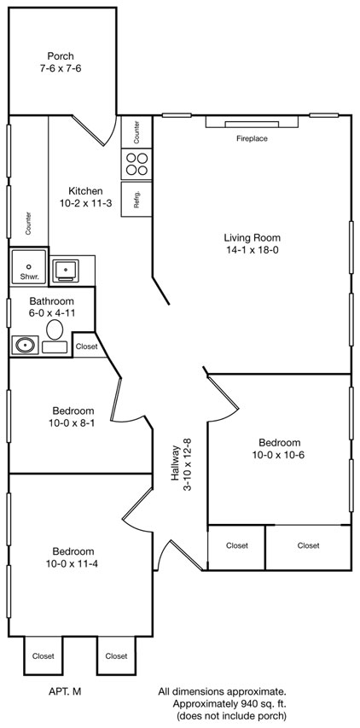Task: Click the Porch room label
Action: tap(61, 56)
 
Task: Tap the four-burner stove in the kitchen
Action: tap(136, 165)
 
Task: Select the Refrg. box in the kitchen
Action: tap(136, 199)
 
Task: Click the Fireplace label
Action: tap(252, 138)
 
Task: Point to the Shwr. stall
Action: tap(29, 266)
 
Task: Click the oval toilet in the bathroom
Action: tap(55, 329)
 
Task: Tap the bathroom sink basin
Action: tap(24, 346)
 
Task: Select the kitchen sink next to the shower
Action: tap(66, 271)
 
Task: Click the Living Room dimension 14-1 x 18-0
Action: tap(252, 250)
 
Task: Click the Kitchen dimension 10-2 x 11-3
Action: tap(85, 203)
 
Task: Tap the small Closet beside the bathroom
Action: tap(87, 346)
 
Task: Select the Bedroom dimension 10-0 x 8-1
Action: tap(73, 423)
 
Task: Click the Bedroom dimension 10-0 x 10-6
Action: tap(279, 455)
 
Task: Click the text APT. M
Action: tap(65, 691)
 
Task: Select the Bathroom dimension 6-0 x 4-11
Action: tap(52, 312)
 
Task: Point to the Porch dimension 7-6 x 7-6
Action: tap(61, 68)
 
